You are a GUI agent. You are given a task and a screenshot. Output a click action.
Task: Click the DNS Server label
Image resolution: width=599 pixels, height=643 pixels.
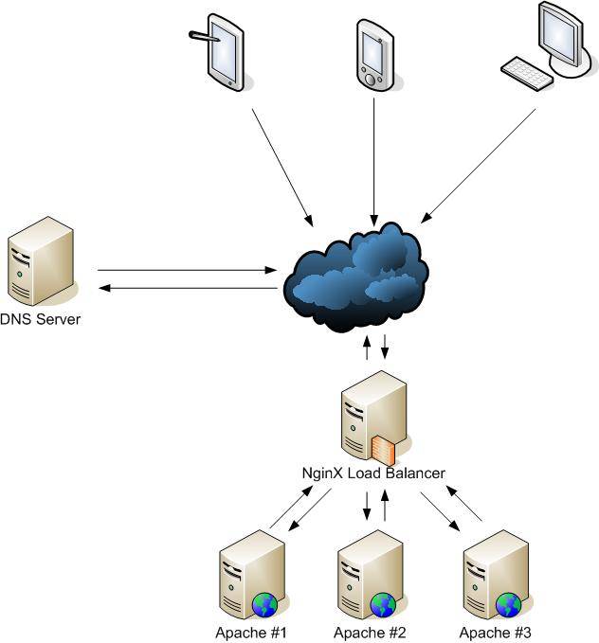point(40,319)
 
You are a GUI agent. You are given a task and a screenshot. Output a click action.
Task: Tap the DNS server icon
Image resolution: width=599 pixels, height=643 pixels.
point(41,261)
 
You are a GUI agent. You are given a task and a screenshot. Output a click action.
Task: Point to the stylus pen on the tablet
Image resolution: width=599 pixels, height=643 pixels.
point(204,36)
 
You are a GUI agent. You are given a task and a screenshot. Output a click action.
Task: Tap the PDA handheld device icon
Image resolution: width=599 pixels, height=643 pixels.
point(374,55)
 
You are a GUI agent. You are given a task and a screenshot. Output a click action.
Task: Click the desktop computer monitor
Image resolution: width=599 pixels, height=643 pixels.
point(566,40)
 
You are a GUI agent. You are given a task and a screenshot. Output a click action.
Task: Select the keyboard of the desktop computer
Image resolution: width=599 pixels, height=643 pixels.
point(527,74)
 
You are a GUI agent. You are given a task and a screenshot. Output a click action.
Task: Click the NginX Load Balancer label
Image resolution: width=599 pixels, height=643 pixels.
point(373,473)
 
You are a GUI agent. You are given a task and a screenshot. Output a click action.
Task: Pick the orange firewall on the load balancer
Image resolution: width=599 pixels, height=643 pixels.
point(384,450)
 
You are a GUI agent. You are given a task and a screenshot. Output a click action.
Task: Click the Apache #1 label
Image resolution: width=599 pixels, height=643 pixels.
point(251,633)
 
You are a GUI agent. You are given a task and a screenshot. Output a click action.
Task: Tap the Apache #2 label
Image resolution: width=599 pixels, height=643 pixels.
point(370,633)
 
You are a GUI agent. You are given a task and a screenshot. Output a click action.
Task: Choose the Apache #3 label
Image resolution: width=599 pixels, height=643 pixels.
point(495,633)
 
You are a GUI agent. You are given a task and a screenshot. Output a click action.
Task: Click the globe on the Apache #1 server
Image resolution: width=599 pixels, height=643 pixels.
point(264,605)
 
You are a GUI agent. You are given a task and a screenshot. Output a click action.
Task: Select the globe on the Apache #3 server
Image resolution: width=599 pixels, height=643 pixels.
point(508,605)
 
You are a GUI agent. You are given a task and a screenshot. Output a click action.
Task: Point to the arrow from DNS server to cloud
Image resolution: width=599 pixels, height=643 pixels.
point(188,270)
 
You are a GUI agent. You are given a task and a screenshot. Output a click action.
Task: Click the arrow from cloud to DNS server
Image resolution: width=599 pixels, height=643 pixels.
point(188,288)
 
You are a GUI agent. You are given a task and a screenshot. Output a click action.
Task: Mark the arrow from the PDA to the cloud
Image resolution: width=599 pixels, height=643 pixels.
point(373,162)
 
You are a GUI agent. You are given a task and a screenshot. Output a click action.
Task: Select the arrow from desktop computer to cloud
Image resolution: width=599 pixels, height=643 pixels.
point(479,166)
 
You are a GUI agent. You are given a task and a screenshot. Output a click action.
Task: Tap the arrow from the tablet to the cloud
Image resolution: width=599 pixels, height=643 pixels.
point(282,168)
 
